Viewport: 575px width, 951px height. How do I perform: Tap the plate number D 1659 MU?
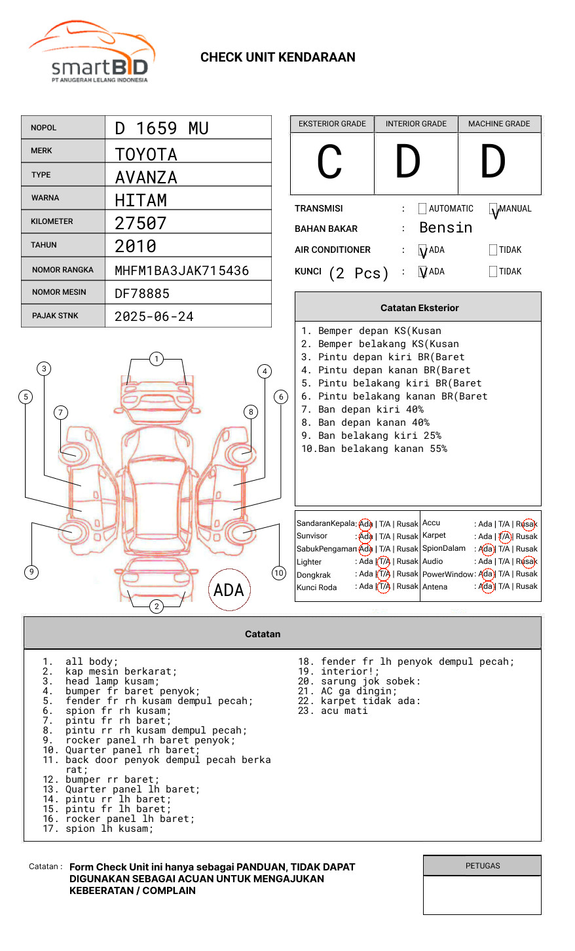pyautogui.click(x=161, y=128)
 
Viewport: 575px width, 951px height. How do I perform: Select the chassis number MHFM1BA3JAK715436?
pyautogui.click(x=181, y=270)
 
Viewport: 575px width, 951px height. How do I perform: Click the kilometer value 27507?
pyautogui.click(x=140, y=223)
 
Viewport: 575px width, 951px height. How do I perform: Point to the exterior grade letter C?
pyautogui.click(x=329, y=162)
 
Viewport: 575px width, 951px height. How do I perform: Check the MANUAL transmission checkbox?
pyautogui.click(x=494, y=209)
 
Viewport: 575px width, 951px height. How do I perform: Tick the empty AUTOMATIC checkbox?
pyautogui.click(x=422, y=209)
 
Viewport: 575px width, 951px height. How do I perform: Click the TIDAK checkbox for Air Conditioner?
pyautogui.click(x=493, y=250)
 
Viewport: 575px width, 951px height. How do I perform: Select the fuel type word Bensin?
pyautogui.click(x=445, y=228)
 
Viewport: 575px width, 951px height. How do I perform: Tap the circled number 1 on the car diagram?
pyautogui.click(x=156, y=359)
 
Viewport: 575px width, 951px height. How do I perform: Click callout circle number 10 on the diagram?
pyautogui.click(x=279, y=573)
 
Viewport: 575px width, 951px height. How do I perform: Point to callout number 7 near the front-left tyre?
pyautogui.click(x=61, y=412)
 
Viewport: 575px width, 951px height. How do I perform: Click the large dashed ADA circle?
pyautogui.click(x=229, y=589)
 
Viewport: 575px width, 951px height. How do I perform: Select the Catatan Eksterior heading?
pyautogui.click(x=419, y=308)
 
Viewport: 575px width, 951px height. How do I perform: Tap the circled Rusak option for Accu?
pyautogui.click(x=529, y=524)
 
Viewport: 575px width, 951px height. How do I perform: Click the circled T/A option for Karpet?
pyautogui.click(x=504, y=536)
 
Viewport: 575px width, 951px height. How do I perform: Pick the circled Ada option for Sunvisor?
pyautogui.click(x=365, y=536)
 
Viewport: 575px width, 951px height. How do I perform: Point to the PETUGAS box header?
pyautogui.click(x=482, y=866)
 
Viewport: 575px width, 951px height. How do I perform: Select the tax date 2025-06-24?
pyautogui.click(x=154, y=317)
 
